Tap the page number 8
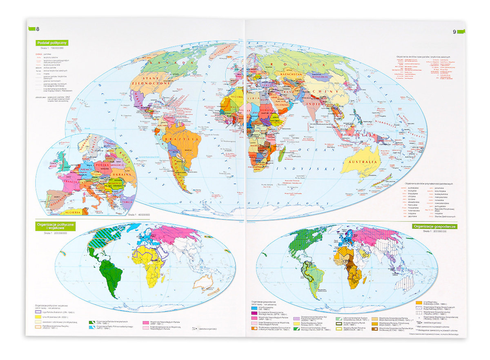pos(38,29)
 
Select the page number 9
pos(454,32)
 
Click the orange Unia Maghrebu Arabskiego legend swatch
pos(419,303)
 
